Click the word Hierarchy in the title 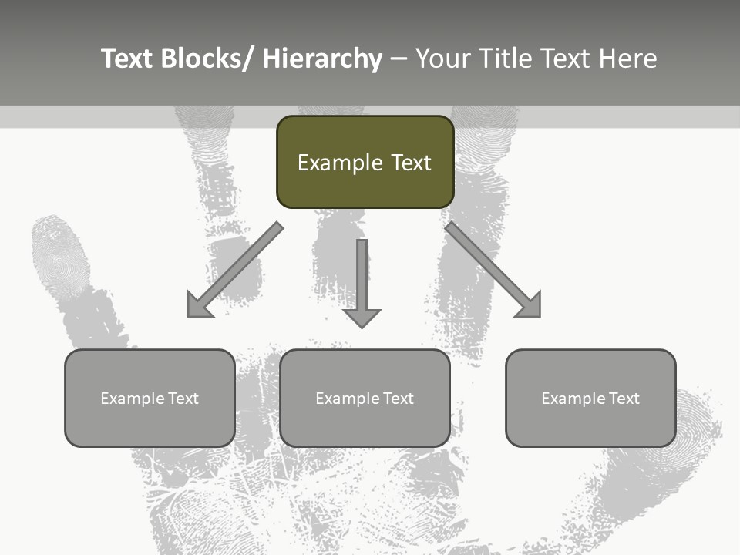tap(322, 59)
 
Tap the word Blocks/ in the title tap(203, 59)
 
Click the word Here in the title tap(627, 59)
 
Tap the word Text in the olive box tap(411, 163)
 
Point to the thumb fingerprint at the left tap(60, 258)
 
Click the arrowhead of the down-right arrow tap(527, 304)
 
